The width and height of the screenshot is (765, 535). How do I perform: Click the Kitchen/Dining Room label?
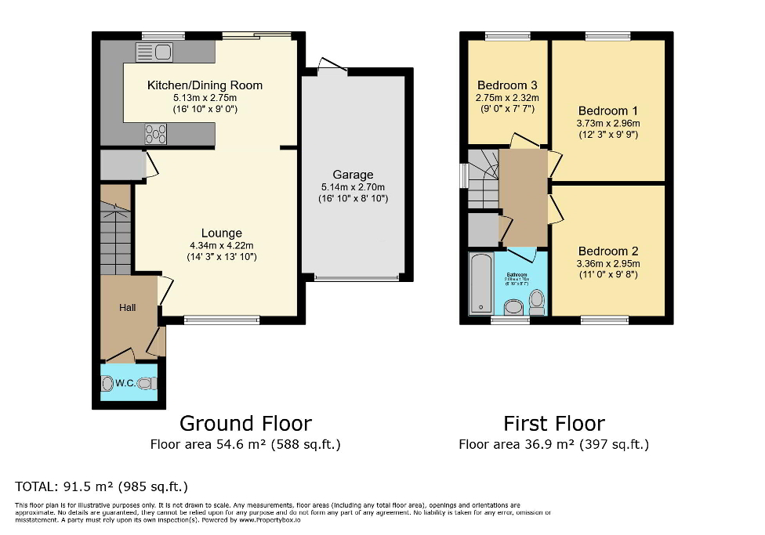[205, 85]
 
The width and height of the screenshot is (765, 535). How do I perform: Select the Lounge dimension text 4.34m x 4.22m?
[221, 245]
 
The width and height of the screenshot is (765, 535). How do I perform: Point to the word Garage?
[353, 175]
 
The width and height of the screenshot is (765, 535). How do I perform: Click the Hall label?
[127, 308]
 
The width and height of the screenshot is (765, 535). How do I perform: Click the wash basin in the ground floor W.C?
[107, 383]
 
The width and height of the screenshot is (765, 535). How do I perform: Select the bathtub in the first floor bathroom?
[480, 283]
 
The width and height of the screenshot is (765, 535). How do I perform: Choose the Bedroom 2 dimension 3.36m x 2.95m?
[608, 263]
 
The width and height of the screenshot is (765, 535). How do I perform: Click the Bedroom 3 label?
[507, 85]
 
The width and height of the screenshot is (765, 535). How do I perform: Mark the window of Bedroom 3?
[507, 35]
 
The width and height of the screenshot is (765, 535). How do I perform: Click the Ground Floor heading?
[245, 424]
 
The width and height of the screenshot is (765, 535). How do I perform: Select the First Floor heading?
[554, 424]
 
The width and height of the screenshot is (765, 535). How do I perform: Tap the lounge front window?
[221, 320]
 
